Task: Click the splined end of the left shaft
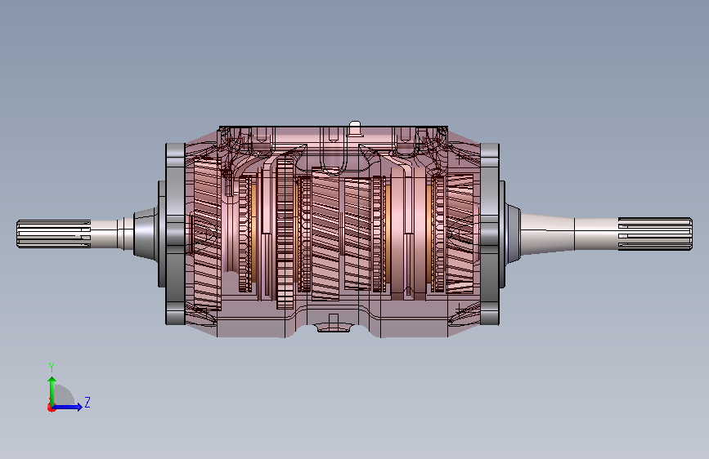pyautogui.click(x=53, y=234)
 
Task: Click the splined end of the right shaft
pyautogui.click(x=655, y=234)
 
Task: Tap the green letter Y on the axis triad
pyautogui.click(x=52, y=367)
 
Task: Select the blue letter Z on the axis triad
pyautogui.click(x=88, y=402)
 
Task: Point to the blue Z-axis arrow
pyautogui.click(x=67, y=407)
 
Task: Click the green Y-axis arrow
pyautogui.click(x=52, y=391)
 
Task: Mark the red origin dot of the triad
pyautogui.click(x=51, y=408)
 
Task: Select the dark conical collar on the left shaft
pyautogui.click(x=146, y=234)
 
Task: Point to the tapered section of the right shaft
pyautogui.click(x=548, y=234)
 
